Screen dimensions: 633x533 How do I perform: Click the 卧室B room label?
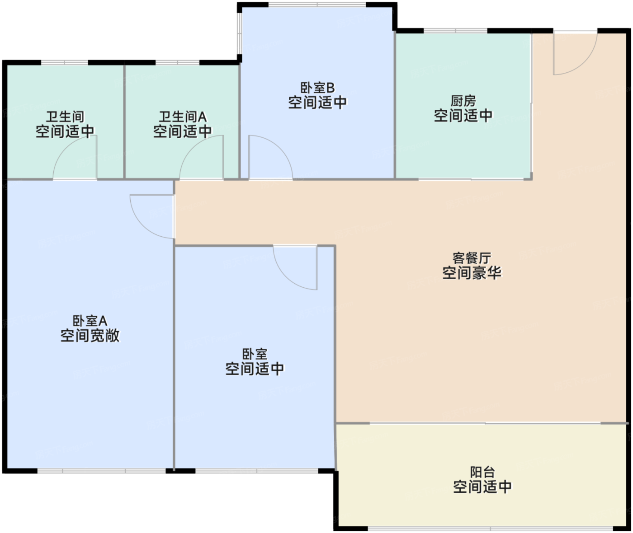pos(317,88)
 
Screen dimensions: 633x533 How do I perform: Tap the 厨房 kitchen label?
pos(463,101)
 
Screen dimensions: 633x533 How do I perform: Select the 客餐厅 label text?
pos(472,258)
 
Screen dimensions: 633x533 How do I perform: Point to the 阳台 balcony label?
pos(482,472)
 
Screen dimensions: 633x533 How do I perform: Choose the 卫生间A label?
pos(183,117)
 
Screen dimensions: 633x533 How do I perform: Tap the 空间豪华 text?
pos(472,273)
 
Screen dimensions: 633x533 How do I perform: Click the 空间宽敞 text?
pos(90,336)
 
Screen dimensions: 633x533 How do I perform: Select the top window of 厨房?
pos(455,31)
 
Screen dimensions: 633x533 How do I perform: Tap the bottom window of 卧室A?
pos(101,471)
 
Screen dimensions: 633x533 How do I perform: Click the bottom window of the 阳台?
pos(490,529)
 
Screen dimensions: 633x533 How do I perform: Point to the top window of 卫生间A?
pos(177,63)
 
